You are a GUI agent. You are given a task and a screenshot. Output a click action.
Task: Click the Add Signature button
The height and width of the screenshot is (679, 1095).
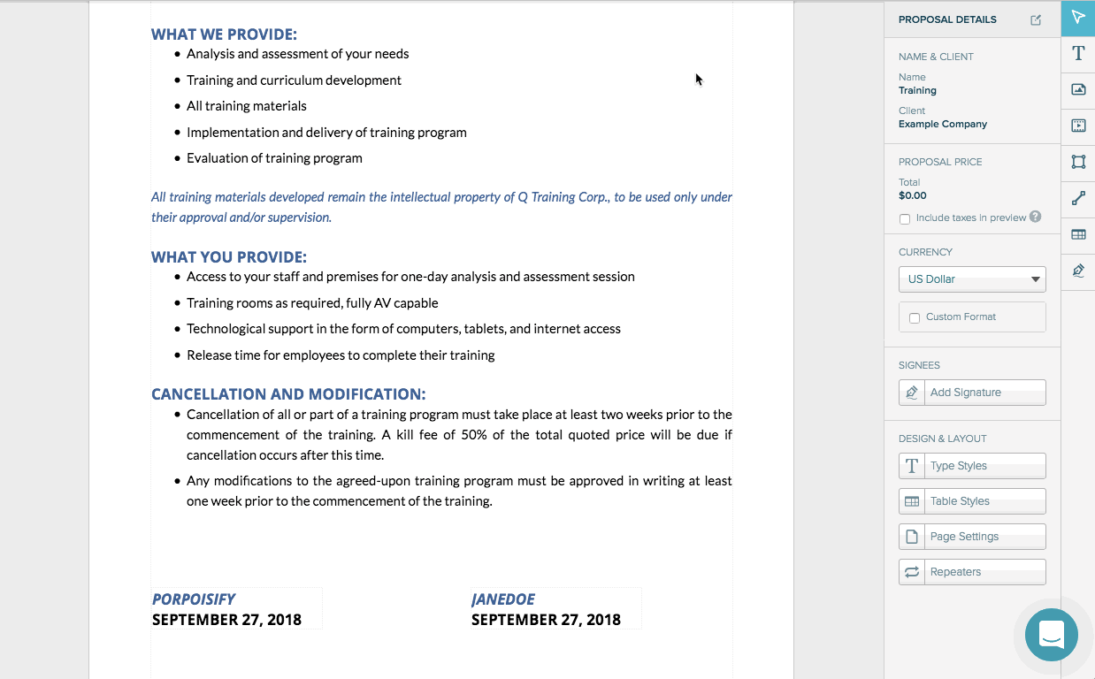point(972,393)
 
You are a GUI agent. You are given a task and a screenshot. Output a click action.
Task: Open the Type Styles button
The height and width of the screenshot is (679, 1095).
point(972,466)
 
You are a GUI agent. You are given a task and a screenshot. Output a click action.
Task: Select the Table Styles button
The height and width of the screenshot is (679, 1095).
point(972,501)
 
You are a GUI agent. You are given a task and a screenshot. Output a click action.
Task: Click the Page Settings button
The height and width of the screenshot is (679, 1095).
point(972,537)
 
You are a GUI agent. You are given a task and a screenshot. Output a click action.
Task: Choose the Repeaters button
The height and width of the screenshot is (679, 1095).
point(972,572)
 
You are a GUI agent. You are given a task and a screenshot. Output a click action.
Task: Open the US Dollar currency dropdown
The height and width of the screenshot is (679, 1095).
point(972,279)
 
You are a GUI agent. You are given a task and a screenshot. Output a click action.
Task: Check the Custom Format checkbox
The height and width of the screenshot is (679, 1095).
point(915,317)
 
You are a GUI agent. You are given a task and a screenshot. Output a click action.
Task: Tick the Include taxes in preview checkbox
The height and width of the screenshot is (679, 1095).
point(905,218)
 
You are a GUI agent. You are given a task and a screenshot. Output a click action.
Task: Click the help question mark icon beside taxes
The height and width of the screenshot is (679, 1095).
point(1036,217)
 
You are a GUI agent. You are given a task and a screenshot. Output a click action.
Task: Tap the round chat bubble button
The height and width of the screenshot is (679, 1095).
point(1051,634)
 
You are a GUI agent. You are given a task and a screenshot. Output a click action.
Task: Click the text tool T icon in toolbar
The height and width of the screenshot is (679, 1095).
point(1078,53)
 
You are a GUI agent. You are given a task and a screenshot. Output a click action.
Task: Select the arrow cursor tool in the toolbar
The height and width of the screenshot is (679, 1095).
point(1078,18)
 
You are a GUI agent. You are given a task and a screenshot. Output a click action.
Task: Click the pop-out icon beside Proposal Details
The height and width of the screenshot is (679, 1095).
point(1036,20)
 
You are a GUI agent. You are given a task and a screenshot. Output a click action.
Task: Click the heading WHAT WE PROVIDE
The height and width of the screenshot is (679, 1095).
point(224,34)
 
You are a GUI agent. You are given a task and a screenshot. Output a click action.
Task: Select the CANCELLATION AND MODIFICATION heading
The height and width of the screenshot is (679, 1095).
point(288,394)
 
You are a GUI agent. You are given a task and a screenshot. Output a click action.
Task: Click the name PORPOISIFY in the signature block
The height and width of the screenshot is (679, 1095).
point(194,599)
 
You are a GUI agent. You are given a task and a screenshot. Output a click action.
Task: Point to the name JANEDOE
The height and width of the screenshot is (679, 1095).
point(503,599)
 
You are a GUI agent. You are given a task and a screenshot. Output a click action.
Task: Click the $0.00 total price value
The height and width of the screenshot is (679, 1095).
point(913,195)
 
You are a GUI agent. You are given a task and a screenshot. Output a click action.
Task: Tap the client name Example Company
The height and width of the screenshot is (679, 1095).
point(943,124)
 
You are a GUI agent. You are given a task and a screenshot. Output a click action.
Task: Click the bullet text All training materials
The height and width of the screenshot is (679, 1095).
point(247,106)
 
